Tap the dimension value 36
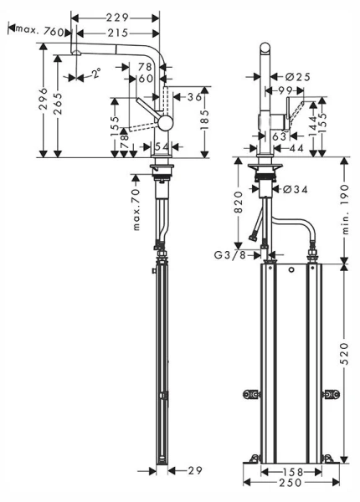coord(195,97)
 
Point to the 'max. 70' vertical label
coord(136,209)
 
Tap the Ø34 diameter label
coord(295,190)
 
